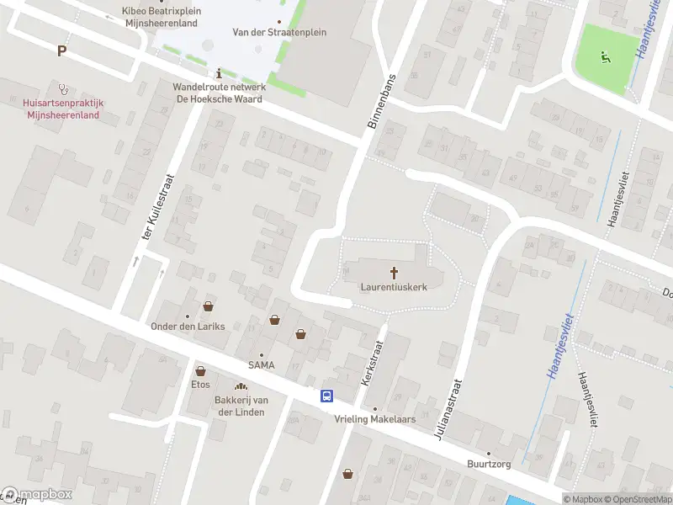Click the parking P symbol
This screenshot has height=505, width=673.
point(61,51)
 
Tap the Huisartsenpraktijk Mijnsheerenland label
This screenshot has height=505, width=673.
point(63,109)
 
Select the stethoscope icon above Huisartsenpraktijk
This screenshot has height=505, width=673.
point(62,88)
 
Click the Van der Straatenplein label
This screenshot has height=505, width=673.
point(279,33)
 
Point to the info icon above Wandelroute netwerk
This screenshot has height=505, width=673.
point(219,73)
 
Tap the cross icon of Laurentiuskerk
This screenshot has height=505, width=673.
point(394,272)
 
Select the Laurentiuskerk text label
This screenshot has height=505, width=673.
point(394,287)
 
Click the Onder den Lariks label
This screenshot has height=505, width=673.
point(188,327)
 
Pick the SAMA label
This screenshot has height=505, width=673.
point(261,364)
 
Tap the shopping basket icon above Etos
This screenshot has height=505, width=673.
point(200,370)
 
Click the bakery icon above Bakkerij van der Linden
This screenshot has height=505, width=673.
point(240,386)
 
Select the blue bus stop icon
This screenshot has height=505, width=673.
point(326,396)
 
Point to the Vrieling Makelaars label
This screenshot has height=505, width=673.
point(375,419)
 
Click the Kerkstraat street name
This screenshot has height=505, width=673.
point(371,363)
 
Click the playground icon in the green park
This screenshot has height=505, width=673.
point(603,58)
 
